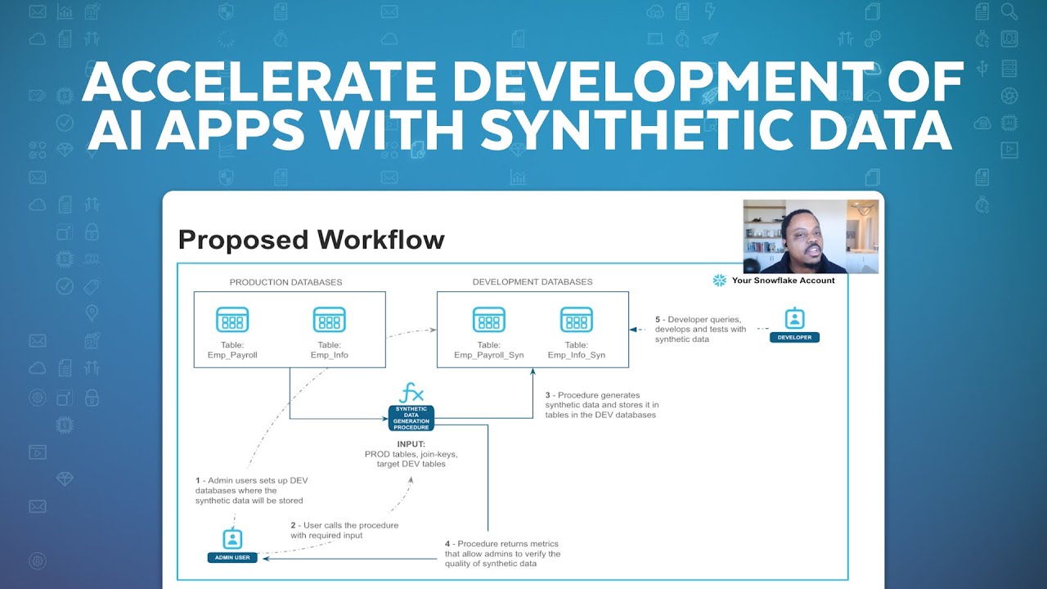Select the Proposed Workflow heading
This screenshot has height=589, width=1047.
click(x=311, y=240)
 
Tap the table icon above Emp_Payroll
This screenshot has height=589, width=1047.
click(x=232, y=319)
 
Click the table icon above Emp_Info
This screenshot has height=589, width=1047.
click(x=330, y=319)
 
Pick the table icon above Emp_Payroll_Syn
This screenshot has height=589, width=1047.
click(x=489, y=319)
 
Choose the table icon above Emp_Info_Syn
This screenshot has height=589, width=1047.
click(x=576, y=319)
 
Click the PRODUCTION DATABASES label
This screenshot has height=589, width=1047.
click(x=285, y=282)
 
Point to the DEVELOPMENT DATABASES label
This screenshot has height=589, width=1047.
click(x=532, y=282)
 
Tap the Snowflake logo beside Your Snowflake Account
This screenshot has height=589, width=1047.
click(x=720, y=281)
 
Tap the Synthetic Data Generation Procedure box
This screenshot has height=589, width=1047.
click(x=411, y=418)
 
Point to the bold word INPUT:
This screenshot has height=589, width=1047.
click(x=411, y=444)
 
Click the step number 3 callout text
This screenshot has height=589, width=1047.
click(x=602, y=405)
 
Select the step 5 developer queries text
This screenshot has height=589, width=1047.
click(x=701, y=329)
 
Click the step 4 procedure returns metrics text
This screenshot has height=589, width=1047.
click(x=502, y=554)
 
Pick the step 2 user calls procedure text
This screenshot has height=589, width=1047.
click(x=344, y=530)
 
